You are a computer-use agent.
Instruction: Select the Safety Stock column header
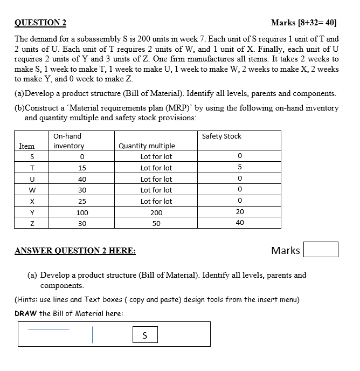click(x=221, y=136)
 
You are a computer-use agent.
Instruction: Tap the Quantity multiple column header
click(x=147, y=146)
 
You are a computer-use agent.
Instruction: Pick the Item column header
click(x=26, y=146)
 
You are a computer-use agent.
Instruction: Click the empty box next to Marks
click(x=321, y=250)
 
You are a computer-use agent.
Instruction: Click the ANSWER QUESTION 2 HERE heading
click(x=75, y=251)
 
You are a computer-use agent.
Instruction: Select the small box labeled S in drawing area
click(x=144, y=335)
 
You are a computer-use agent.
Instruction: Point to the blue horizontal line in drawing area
click(x=49, y=328)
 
